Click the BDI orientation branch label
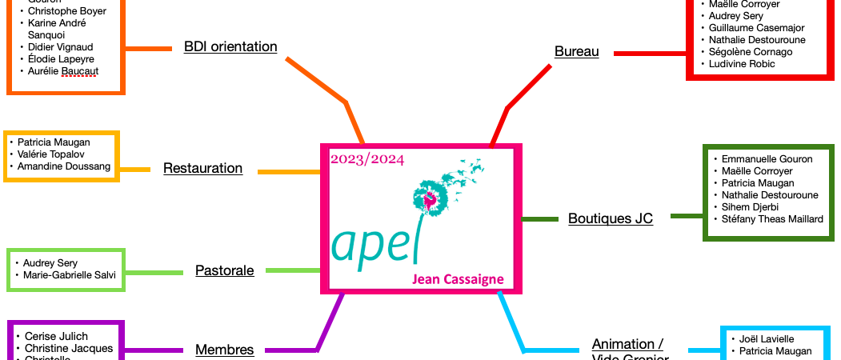coord(230,46)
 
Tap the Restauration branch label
coord(202,168)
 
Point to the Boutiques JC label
coord(610,218)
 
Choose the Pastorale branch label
coord(224,270)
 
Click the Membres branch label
coord(224,350)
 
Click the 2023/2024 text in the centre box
coord(367,159)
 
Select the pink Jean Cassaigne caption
coord(458,279)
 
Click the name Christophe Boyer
coord(66,11)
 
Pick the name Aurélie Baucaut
coord(63,71)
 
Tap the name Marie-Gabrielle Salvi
coord(70,275)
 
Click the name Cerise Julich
coord(57,336)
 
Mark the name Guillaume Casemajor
coord(756,28)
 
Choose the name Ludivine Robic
coord(742,64)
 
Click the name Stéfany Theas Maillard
coord(772,219)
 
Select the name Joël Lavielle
coord(767,339)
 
